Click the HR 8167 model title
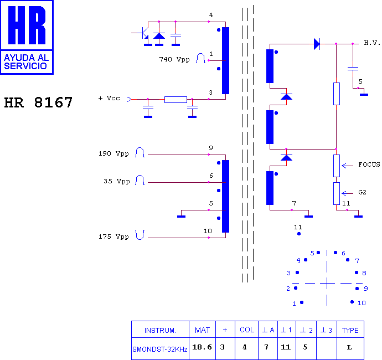tap(38, 102)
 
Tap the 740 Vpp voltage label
tap(174, 59)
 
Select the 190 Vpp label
tap(113, 154)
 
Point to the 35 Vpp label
tap(117, 181)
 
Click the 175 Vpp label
tap(113, 236)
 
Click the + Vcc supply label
tap(109, 98)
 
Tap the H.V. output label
tap(372, 43)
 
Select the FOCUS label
tap(369, 164)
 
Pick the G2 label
tap(362, 192)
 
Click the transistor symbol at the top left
tap(144, 33)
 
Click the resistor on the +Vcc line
tap(175, 100)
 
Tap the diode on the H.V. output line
tap(317, 44)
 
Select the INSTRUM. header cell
tap(160, 330)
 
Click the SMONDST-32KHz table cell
tap(160, 349)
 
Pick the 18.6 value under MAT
tap(202, 347)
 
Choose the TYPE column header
tap(350, 330)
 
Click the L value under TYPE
tap(349, 347)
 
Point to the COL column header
tap(247, 330)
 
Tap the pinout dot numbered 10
tap(352, 302)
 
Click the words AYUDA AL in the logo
tap(27, 58)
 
